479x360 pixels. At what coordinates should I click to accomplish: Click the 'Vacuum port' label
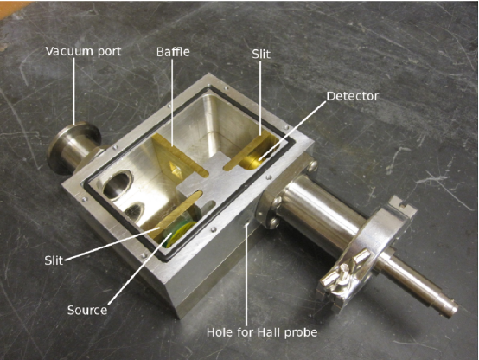[x=83, y=51]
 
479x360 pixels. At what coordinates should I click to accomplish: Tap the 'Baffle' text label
[x=173, y=52]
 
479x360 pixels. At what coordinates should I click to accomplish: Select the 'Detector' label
[x=352, y=96]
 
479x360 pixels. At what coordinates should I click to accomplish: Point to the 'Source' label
[x=87, y=310]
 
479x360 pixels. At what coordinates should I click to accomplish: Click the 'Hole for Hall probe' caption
[x=262, y=332]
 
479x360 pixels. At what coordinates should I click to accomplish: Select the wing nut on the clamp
[x=343, y=269]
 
